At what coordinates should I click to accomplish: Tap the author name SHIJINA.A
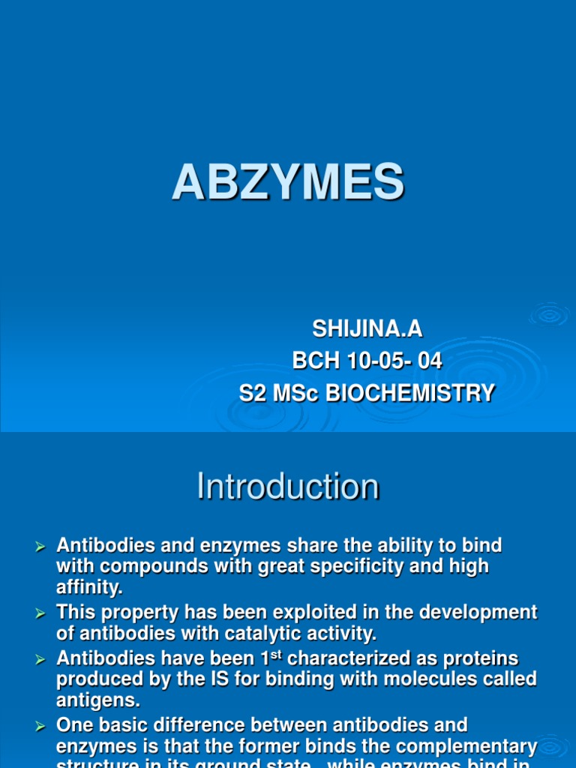(x=367, y=328)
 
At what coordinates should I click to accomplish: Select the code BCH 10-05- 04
(x=367, y=361)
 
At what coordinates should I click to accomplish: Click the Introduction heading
(x=288, y=487)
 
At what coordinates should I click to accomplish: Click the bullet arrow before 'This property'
(x=42, y=613)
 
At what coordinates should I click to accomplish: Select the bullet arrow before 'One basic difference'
(x=42, y=726)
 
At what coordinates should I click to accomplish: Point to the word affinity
(x=89, y=588)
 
